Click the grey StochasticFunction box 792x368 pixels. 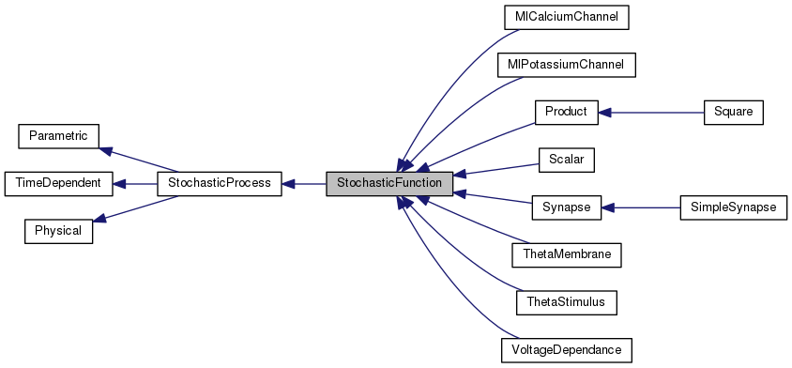389,184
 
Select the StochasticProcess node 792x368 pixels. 219,184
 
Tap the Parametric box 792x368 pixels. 58,136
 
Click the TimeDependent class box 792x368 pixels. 58,184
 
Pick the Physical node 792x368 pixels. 58,231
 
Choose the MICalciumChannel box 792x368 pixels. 565,17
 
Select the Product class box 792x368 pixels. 566,112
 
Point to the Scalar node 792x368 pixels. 566,160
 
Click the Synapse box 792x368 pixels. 566,207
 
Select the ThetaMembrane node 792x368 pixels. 566,254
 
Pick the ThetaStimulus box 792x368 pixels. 566,302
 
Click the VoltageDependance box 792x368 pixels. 566,350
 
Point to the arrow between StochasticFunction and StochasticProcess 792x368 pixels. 304,184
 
